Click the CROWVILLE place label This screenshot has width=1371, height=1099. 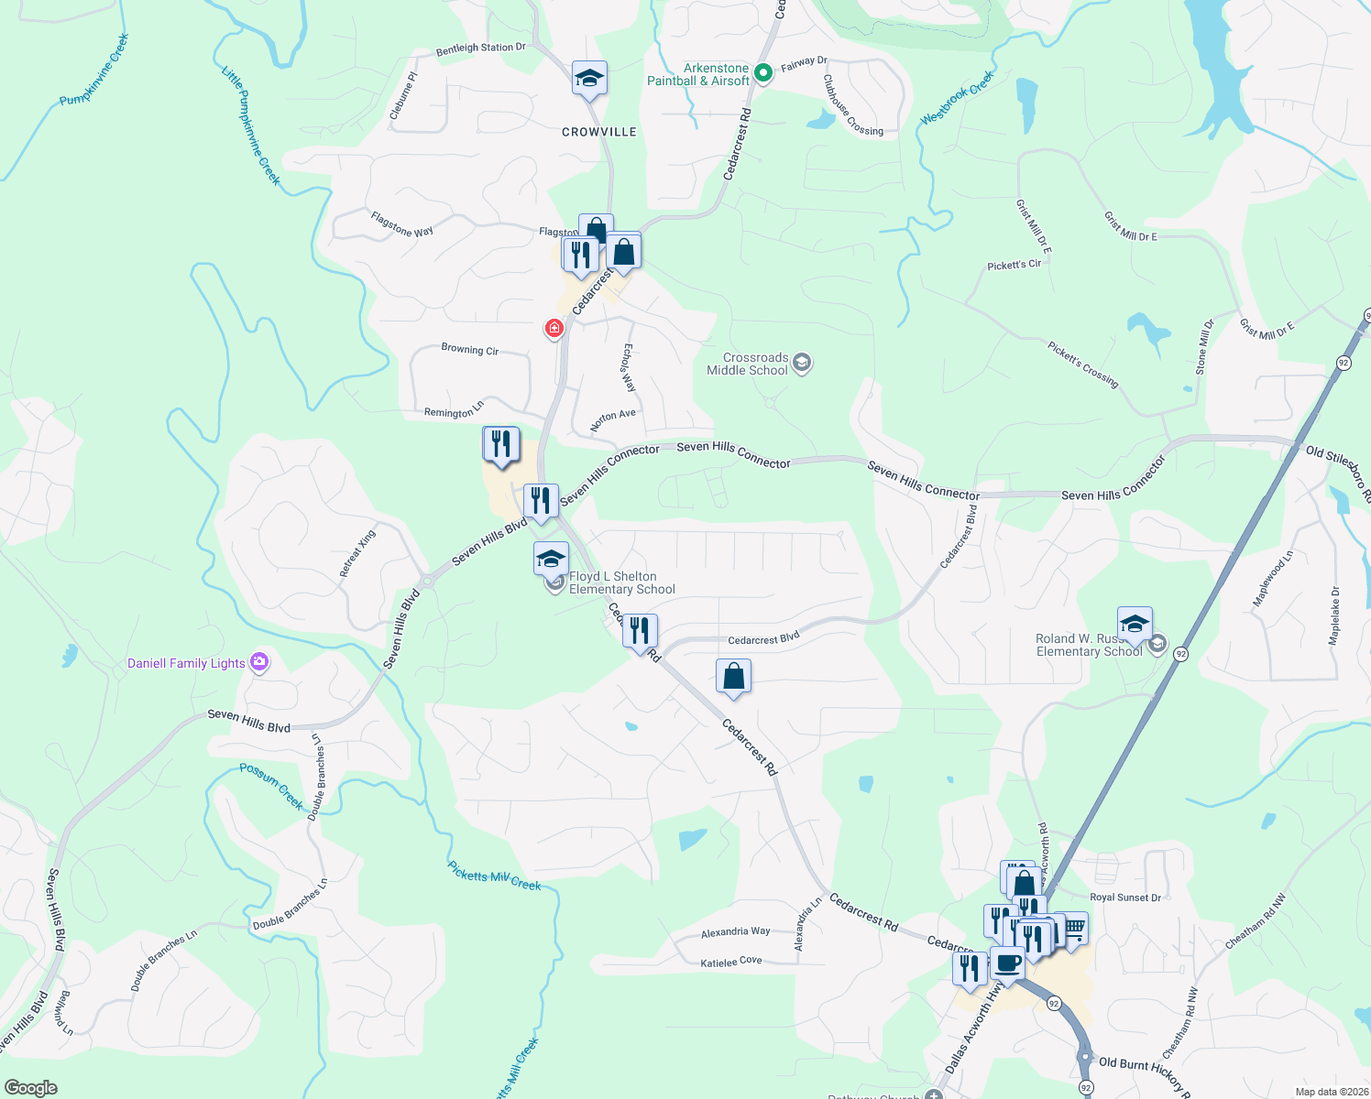point(598,132)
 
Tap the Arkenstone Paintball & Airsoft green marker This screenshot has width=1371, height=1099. point(763,70)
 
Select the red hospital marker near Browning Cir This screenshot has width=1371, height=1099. point(554,328)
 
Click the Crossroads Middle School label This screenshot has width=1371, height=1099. point(747,364)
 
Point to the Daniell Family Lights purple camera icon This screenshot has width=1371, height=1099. point(259,662)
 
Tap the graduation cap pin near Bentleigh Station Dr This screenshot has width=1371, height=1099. point(589,79)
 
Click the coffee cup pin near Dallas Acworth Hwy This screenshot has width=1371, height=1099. point(1007,964)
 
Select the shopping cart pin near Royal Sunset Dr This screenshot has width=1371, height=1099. point(1073,930)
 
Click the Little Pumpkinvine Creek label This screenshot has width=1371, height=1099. point(251,125)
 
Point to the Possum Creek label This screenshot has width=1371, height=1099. point(271,786)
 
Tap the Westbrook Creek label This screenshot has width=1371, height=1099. point(957,99)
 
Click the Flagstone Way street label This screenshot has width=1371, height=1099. point(402,224)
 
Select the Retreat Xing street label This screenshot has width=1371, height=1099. point(357,553)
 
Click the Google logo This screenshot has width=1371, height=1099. point(31,1087)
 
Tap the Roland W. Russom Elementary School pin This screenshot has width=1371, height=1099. point(1135,625)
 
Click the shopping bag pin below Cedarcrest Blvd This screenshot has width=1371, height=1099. point(733,677)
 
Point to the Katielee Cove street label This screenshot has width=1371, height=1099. point(730,962)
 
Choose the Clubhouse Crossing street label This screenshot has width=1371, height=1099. point(852,105)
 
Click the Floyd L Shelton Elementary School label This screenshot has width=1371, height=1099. point(621,582)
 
